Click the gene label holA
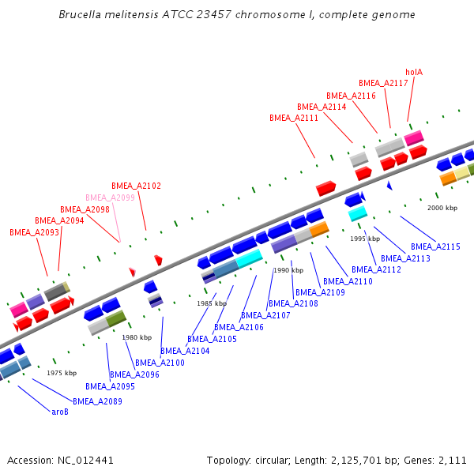coord(414,72)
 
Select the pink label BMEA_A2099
coord(111,197)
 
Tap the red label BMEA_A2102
coord(136,186)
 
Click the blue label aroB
coord(60,412)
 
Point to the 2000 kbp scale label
coord(442,208)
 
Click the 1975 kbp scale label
coord(62,373)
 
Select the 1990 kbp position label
coord(288,270)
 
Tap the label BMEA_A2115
coord(435,246)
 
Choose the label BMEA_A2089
coord(98,401)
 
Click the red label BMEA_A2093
coord(34,232)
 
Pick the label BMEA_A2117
coord(383,83)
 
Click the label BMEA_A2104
coord(185,351)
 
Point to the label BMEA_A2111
coord(294,118)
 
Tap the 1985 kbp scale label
coord(213,303)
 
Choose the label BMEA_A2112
coord(377,269)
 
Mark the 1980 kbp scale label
coord(137,337)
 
